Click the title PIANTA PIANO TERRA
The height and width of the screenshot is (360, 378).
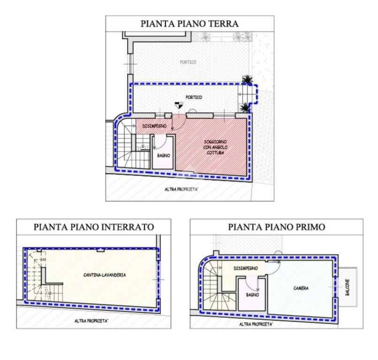[189, 23]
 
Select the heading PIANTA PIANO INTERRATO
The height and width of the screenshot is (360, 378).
[94, 227]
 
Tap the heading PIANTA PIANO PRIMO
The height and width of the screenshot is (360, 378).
[276, 227]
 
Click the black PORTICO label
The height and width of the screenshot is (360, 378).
[193, 97]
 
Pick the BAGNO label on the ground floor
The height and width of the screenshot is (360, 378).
[163, 155]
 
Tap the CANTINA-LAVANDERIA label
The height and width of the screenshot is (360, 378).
[104, 274]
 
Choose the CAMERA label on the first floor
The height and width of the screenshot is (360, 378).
[301, 288]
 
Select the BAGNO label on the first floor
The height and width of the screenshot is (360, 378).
[252, 295]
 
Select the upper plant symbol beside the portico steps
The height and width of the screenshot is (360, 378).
[247, 79]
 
